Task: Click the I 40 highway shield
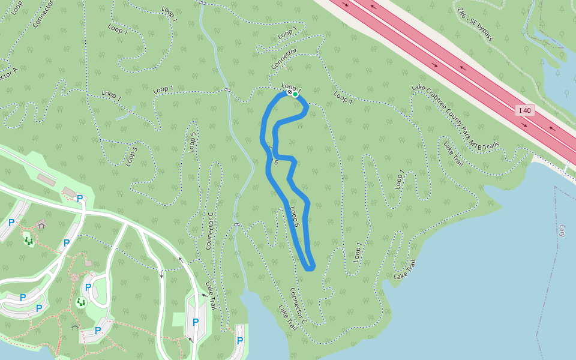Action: pyautogui.click(x=525, y=110)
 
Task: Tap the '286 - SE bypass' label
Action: pyautogui.click(x=475, y=25)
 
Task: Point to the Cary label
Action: pyautogui.click(x=562, y=231)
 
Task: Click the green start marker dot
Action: pyautogui.click(x=295, y=94)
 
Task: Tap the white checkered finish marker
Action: pyautogui.click(x=289, y=92)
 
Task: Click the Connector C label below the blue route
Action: pyautogui.click(x=298, y=306)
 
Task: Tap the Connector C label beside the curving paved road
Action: pyautogui.click(x=209, y=231)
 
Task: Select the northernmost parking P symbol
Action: pyautogui.click(x=79, y=199)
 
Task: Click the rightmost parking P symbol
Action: pyautogui.click(x=240, y=341)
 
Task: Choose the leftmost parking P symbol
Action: pyautogui.click(x=11, y=223)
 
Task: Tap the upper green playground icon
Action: pyautogui.click(x=29, y=241)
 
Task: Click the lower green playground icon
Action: pyautogui.click(x=81, y=302)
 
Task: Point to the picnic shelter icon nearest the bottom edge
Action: pyautogui.click(x=74, y=328)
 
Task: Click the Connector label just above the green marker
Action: pyautogui.click(x=284, y=59)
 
